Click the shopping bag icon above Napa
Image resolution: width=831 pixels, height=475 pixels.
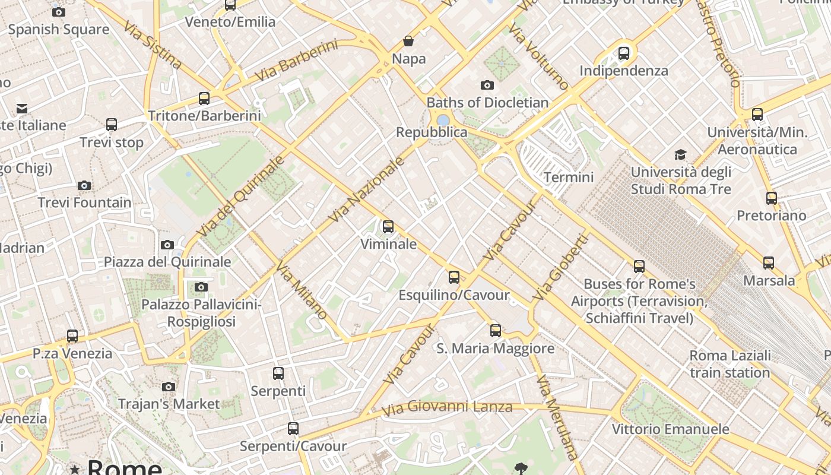click(x=408, y=41)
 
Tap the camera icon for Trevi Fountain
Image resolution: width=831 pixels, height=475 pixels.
click(x=84, y=185)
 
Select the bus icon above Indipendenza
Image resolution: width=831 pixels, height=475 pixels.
click(x=624, y=53)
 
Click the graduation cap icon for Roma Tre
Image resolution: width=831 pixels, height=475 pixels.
click(x=680, y=154)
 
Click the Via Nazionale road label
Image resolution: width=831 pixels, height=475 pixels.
click(x=366, y=189)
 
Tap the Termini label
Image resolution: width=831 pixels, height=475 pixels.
click(x=569, y=177)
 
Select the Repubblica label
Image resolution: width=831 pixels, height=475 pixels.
click(x=432, y=132)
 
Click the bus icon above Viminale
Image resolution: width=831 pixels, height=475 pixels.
click(x=388, y=226)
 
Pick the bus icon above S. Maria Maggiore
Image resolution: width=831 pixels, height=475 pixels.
click(x=496, y=330)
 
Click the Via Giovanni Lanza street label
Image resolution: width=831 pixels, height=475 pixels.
click(x=446, y=408)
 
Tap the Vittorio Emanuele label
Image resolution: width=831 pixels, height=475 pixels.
click(x=670, y=429)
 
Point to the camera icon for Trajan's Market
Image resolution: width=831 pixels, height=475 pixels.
click(x=169, y=387)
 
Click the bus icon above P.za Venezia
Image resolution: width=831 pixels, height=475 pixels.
click(x=72, y=335)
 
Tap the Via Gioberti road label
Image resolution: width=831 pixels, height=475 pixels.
click(x=560, y=267)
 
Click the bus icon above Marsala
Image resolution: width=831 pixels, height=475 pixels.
click(x=769, y=262)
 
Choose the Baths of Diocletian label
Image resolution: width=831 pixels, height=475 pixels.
click(x=487, y=102)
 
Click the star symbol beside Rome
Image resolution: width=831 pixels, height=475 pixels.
click(x=75, y=470)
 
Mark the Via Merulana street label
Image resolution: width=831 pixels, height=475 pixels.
click(x=556, y=416)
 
